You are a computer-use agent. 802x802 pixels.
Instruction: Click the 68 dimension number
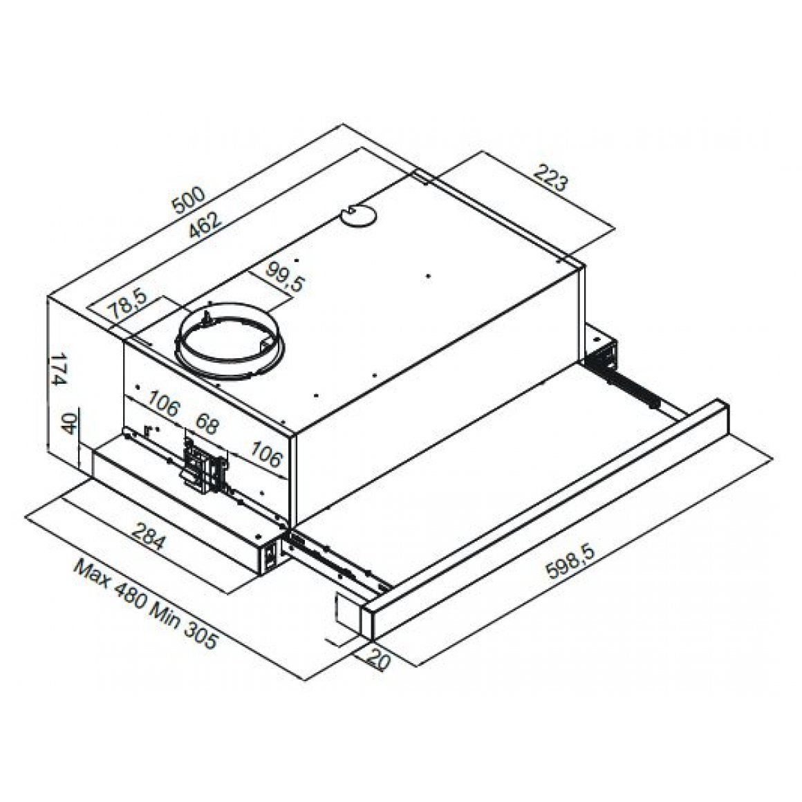207,422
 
